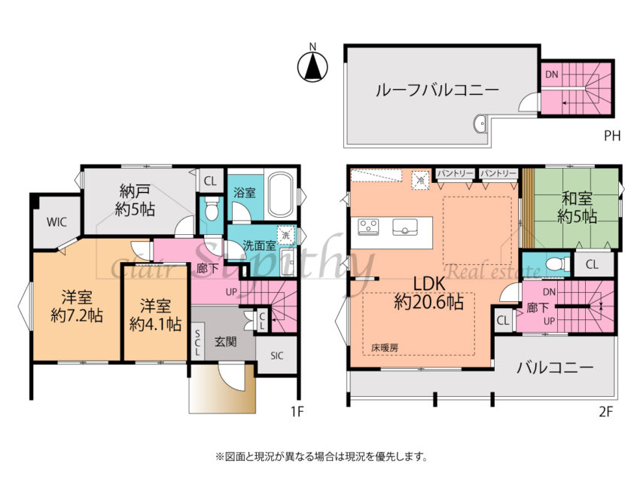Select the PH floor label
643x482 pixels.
point(612,137)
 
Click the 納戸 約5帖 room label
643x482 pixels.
point(135,201)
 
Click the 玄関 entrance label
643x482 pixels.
point(225,341)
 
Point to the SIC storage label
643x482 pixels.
point(276,355)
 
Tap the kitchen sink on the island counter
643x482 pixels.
point(406,226)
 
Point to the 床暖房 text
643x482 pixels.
point(384,349)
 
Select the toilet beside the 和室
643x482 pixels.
point(554,265)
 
